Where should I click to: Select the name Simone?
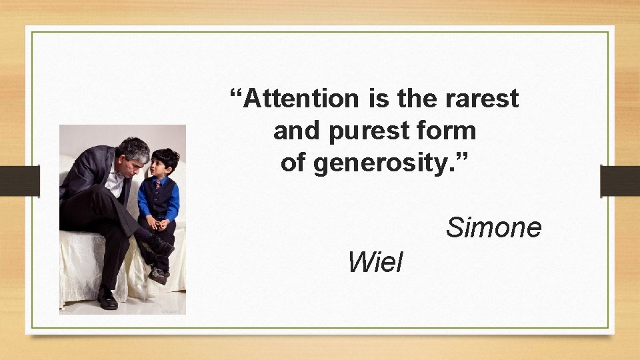coord(493,228)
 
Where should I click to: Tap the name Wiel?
coord(375,263)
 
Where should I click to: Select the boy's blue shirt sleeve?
coord(173,203)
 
